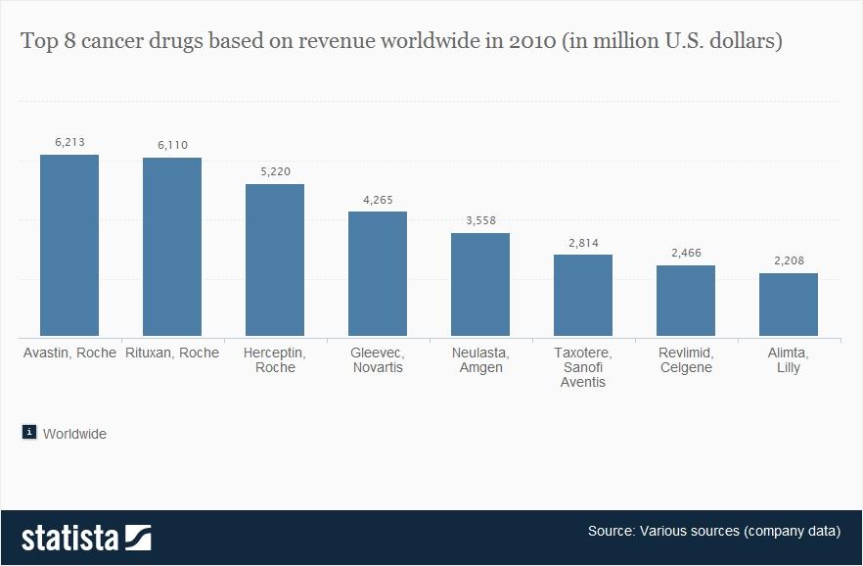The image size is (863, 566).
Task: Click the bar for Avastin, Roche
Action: click(x=69, y=246)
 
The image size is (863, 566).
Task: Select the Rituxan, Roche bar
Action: click(x=172, y=247)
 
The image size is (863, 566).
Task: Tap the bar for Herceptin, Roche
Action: click(x=275, y=260)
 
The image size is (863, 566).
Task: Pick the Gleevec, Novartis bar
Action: click(x=378, y=274)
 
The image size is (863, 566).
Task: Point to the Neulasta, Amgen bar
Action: click(x=480, y=285)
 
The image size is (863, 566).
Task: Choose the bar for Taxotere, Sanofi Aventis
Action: click(x=583, y=296)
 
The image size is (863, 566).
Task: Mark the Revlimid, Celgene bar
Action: click(x=686, y=301)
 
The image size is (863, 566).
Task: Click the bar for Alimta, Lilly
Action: click(x=789, y=305)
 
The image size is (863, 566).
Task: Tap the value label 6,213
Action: click(x=70, y=142)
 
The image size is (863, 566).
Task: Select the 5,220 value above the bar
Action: click(x=275, y=171)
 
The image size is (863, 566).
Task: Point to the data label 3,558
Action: click(x=480, y=220)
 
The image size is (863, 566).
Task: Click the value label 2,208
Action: click(x=789, y=260)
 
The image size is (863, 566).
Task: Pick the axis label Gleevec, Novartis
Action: click(x=378, y=359)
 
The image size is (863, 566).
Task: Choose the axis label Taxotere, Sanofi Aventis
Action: click(x=583, y=367)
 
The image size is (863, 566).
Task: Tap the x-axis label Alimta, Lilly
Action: click(x=789, y=359)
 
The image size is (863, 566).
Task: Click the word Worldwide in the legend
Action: click(x=74, y=433)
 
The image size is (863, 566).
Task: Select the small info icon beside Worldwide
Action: click(x=29, y=432)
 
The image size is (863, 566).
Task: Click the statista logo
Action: click(x=86, y=538)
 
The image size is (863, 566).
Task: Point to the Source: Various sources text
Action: click(x=713, y=532)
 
